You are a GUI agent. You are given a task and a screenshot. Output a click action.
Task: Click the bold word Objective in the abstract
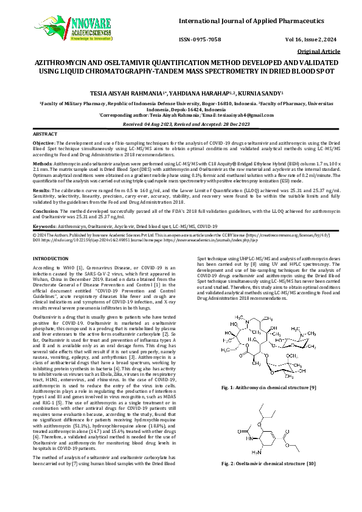[43, 142]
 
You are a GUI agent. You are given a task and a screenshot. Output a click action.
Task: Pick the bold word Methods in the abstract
[42, 164]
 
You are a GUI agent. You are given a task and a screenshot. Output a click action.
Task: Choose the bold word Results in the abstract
[41, 190]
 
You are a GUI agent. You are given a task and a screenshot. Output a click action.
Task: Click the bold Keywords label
[44, 226]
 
